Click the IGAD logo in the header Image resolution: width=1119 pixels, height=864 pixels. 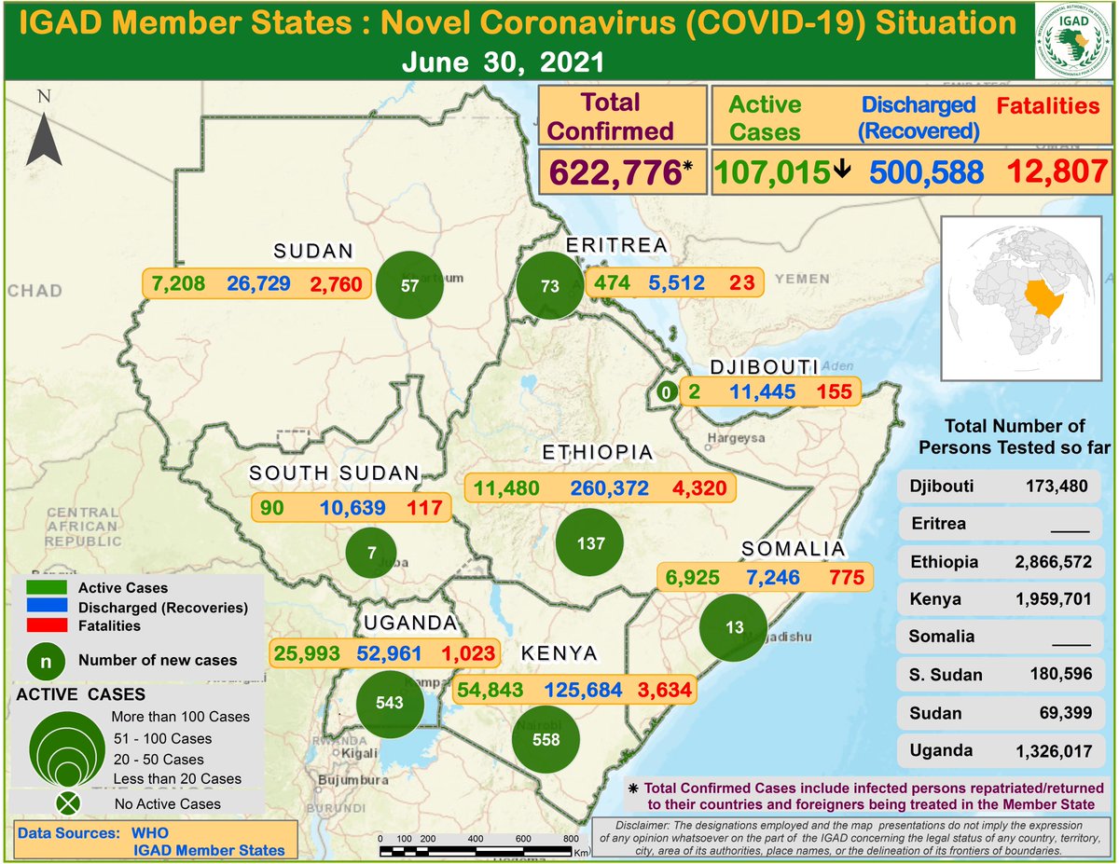coord(1075,43)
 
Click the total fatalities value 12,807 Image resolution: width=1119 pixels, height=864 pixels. coord(1055,171)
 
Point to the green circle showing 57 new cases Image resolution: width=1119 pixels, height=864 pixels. coord(409,285)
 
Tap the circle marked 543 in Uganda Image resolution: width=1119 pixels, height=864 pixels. coord(390,701)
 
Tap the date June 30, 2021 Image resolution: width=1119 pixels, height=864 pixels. coord(504,63)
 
